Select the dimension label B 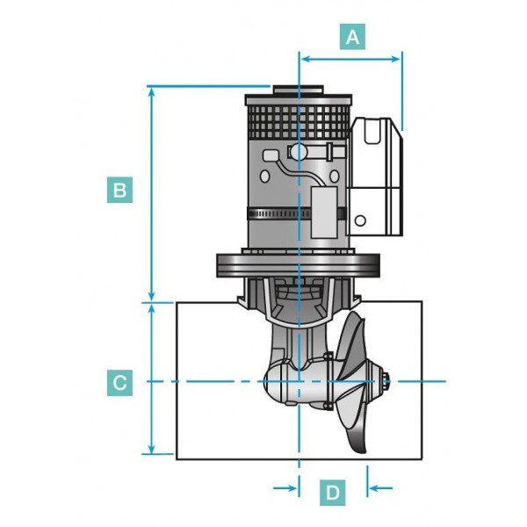pyautogui.click(x=120, y=189)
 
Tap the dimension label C pyautogui.click(x=120, y=382)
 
